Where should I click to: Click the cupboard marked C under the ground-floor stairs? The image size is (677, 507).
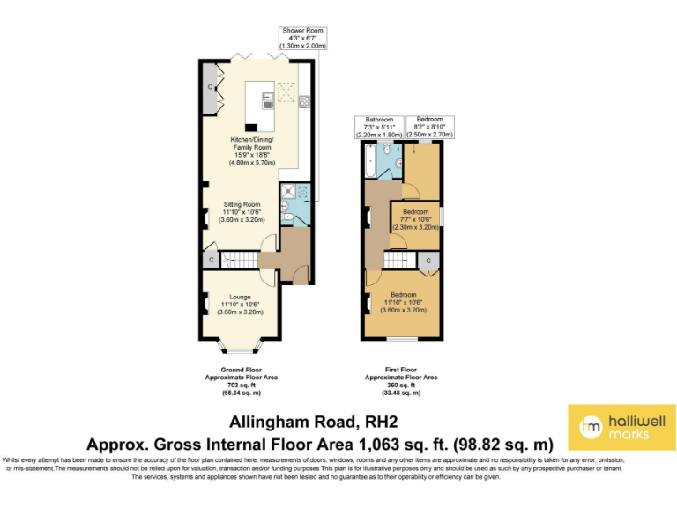click(210, 259)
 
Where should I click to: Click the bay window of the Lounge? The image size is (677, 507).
click(241, 344)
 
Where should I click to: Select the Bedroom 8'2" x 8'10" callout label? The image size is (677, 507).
click(429, 127)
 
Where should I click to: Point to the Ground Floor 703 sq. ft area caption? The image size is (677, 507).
click(242, 384)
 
